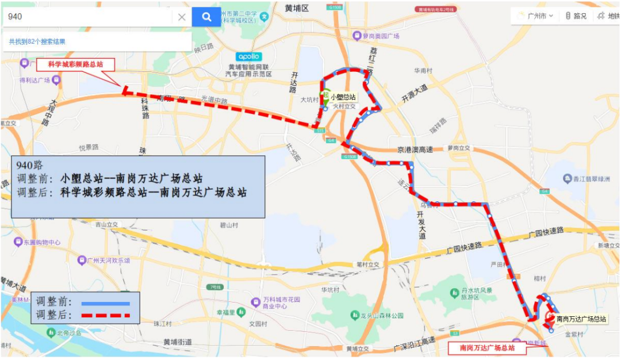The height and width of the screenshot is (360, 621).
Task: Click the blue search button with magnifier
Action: tap(206, 17)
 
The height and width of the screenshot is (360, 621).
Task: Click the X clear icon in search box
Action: tap(182, 17)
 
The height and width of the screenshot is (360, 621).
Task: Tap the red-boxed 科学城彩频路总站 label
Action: tap(76, 64)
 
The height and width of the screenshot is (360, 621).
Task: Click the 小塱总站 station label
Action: tap(343, 97)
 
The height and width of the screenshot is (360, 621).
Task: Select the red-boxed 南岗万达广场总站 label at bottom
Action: tap(488, 348)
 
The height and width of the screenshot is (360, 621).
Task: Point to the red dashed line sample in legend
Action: tap(106, 315)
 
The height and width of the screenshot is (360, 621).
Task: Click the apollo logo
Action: tap(249, 57)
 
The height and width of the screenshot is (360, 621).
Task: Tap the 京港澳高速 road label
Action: tap(415, 149)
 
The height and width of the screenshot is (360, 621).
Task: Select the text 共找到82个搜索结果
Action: tap(37, 41)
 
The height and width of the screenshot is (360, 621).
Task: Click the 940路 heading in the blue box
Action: tap(30, 165)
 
